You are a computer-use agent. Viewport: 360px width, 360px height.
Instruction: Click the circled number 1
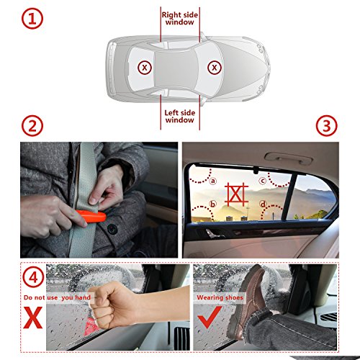coord(32,19)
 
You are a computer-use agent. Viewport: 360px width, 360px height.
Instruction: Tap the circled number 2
coord(32,126)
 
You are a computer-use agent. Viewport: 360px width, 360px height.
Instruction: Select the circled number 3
coord(326,126)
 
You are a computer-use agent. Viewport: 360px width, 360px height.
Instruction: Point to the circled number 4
coord(33,277)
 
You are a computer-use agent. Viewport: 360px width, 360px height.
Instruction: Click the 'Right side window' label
coord(180,19)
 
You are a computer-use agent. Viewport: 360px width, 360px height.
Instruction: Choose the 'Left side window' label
coord(180,117)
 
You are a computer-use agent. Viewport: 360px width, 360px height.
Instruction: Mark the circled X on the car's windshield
coord(214,68)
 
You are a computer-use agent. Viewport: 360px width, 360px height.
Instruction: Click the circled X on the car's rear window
coord(145,68)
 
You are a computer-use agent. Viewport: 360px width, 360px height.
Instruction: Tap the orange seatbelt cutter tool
coord(91,216)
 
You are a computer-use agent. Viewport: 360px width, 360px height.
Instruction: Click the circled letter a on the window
coord(213,181)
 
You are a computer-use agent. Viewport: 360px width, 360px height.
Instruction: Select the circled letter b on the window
coord(212,204)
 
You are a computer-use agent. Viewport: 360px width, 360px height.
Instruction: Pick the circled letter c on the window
coord(263,181)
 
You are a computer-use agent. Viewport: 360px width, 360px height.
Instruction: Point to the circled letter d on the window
coord(264,204)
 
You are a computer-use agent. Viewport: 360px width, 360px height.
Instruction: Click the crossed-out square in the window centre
coord(236,194)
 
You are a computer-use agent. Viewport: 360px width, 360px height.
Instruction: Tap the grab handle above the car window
coord(288,158)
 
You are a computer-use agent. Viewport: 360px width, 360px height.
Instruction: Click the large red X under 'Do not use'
coord(33,318)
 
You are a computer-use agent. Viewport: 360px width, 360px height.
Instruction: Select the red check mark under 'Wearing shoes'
coord(210,317)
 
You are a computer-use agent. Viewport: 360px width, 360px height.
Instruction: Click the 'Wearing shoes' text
coord(220,297)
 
